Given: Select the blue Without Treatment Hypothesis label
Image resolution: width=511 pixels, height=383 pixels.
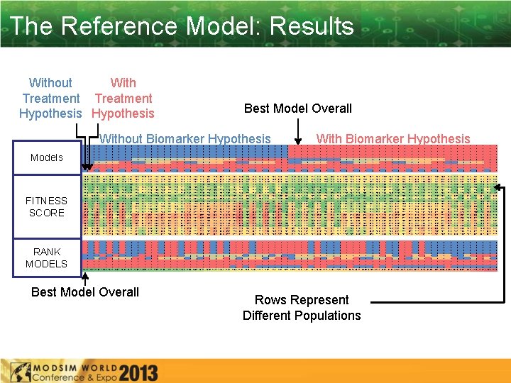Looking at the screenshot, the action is (x=50, y=98).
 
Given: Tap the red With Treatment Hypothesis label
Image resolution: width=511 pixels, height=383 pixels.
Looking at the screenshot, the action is (x=123, y=98).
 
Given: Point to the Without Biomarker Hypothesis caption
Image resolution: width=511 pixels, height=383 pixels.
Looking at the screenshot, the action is (x=185, y=139).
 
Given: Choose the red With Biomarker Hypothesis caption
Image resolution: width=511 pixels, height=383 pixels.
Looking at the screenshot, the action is (x=393, y=139).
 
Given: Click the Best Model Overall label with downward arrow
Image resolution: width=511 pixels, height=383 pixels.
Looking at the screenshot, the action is (x=297, y=109).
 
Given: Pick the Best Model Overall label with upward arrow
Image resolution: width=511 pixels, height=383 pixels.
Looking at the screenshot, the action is (x=85, y=292).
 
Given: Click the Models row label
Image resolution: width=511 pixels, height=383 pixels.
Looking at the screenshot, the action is (x=46, y=157).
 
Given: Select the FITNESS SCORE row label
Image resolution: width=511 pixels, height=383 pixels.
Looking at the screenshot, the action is (x=46, y=206).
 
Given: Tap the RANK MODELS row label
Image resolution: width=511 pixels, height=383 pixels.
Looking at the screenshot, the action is (x=46, y=257).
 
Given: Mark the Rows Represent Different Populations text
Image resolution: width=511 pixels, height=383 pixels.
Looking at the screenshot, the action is (x=302, y=308).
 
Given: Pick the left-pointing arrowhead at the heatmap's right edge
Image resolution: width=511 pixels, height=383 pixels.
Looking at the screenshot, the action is (x=498, y=188).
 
